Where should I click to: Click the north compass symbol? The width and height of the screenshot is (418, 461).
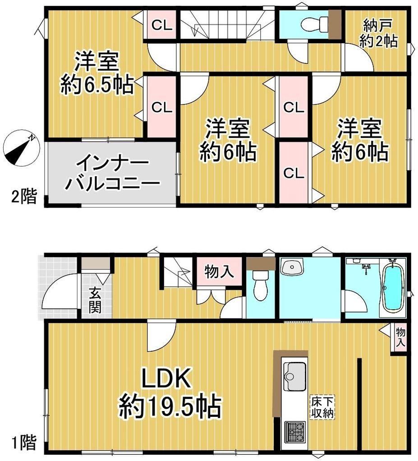coord(21,147)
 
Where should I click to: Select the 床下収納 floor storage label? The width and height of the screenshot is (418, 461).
coord(322,407)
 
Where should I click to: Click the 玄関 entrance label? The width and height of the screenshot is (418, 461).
coord(95,300)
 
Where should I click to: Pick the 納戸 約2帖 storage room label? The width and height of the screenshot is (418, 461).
coord(378,33)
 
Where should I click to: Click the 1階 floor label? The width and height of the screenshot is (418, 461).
coord(24,443)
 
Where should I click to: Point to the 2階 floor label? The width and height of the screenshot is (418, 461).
coord(24,197)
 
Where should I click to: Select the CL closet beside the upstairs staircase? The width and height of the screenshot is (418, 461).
coord(162,25)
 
